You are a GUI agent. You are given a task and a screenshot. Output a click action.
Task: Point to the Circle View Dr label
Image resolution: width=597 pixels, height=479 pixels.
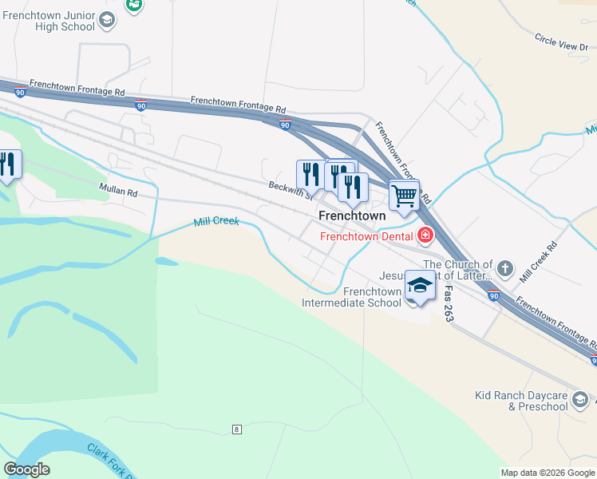[x=561, y=42]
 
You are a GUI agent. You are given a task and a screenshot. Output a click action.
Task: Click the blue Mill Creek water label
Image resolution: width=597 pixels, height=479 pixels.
[x=216, y=221]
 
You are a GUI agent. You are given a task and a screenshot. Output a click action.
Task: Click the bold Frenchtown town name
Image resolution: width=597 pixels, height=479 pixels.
[x=352, y=216]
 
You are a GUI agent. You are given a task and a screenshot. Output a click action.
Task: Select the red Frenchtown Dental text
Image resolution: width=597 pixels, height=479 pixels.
[x=366, y=236]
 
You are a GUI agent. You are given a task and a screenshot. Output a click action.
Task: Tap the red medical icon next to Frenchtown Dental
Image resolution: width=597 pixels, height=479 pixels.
[x=425, y=235]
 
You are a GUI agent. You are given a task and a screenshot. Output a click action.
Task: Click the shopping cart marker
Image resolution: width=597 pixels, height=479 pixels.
[x=405, y=194]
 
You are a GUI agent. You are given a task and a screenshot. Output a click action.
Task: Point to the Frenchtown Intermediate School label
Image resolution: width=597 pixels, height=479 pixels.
[x=351, y=297]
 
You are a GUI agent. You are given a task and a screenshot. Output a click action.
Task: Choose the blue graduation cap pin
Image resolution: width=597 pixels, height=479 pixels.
[x=420, y=285]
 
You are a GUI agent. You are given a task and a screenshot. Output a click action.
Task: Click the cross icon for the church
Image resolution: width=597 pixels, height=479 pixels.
[x=504, y=267]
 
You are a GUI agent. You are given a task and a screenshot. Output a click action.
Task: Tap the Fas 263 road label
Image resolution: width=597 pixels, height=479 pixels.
[x=449, y=306]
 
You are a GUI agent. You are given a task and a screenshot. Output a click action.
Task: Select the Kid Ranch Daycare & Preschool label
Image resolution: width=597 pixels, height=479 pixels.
[x=520, y=401]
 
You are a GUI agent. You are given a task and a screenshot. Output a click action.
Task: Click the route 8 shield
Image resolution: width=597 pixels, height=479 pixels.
[x=237, y=430]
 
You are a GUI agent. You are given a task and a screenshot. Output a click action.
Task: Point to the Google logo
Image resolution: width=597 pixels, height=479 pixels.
[x=26, y=469]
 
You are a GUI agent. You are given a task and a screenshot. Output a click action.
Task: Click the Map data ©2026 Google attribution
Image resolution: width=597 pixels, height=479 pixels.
[x=548, y=473]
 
